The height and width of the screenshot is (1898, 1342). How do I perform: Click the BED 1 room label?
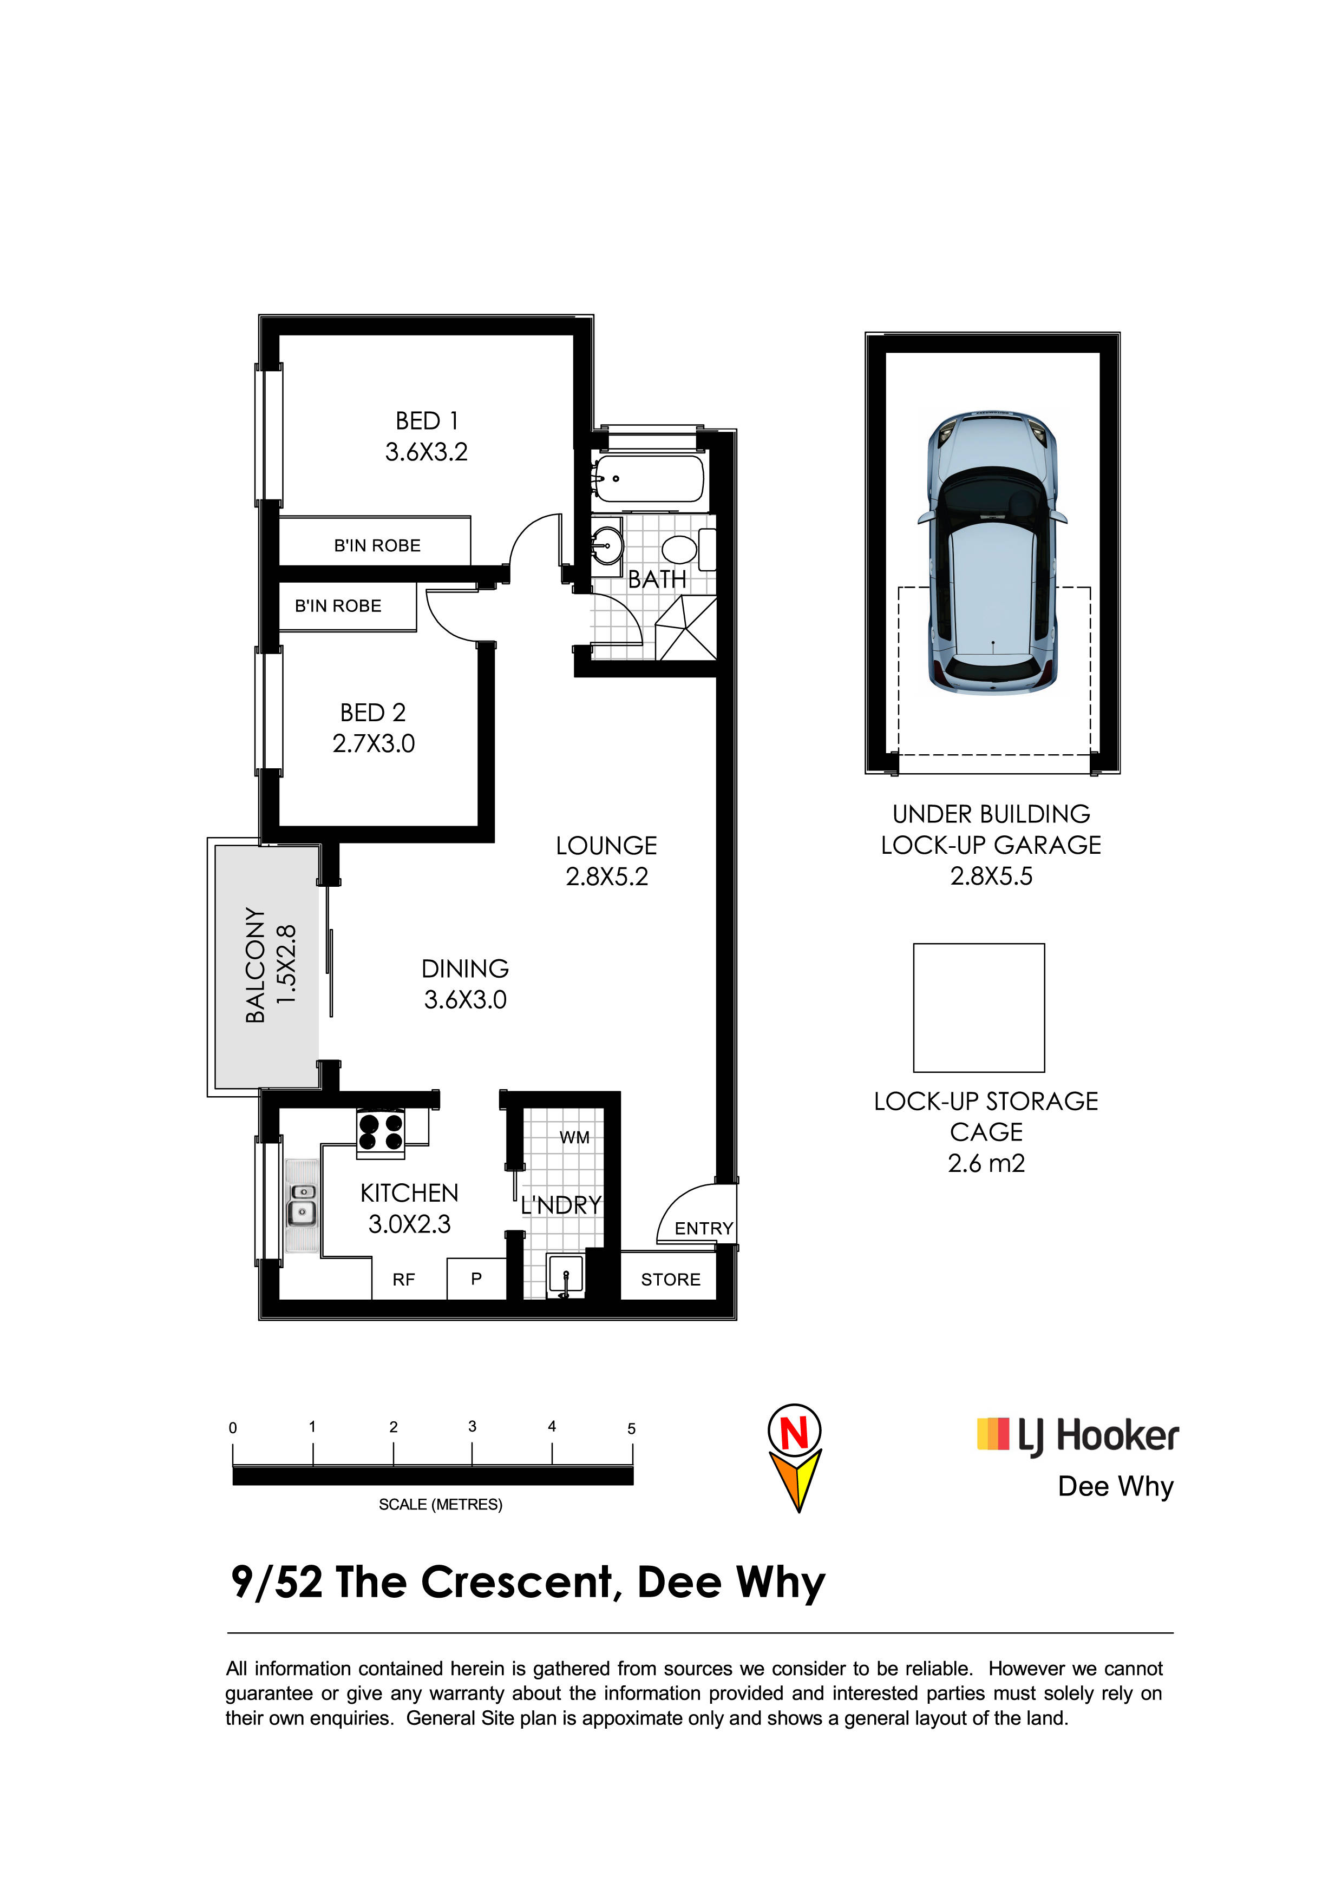[x=427, y=421]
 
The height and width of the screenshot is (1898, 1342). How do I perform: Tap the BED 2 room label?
[x=373, y=713]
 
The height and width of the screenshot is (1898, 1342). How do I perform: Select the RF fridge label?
[x=403, y=1280]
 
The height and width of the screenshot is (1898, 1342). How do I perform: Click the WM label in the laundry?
[x=575, y=1137]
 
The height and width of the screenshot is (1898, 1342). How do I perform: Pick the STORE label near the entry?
[x=671, y=1280]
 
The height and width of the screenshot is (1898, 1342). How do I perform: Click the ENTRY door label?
[x=704, y=1228]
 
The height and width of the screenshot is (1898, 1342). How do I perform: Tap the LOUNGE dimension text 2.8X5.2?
[x=607, y=876]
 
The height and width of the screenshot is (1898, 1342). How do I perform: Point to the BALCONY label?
[x=256, y=966]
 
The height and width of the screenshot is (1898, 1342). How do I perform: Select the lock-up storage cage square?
[x=979, y=1007]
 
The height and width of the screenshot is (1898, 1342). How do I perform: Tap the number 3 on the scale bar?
[x=472, y=1427]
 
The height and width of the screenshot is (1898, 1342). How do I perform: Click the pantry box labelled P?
[x=476, y=1279]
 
